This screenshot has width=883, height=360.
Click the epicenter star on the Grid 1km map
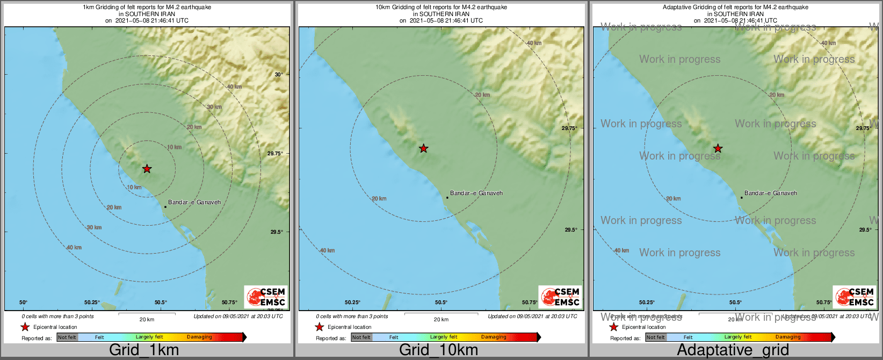coord(147,169)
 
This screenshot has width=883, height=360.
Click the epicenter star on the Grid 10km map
coord(423,148)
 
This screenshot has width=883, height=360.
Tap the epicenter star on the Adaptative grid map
coord(718,148)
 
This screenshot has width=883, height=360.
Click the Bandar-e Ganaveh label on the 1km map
coord(194,203)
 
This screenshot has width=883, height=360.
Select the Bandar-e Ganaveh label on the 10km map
coord(476,193)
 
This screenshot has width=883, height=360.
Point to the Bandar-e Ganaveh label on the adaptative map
coord(771,193)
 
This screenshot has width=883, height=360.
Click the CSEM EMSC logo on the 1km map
coord(265,297)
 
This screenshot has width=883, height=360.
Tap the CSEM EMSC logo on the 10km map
coord(560,297)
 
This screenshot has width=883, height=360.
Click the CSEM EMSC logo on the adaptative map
coord(855,297)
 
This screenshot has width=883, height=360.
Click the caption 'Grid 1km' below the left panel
coord(144,350)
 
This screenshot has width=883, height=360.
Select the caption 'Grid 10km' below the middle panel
coord(438,350)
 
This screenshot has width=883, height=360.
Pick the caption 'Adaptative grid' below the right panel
coord(733,350)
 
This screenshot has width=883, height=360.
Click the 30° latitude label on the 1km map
coord(278,75)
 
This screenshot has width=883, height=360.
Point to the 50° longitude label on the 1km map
coord(24,303)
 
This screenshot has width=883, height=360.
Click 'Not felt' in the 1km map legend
coord(67,337)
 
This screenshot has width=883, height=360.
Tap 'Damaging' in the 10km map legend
coord(494,337)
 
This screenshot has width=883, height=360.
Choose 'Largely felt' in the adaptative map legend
coord(738,337)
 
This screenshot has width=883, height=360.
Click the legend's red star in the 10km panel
coord(320,327)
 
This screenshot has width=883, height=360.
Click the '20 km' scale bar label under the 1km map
coord(147,320)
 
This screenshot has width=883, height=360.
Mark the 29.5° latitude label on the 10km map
coord(571,230)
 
